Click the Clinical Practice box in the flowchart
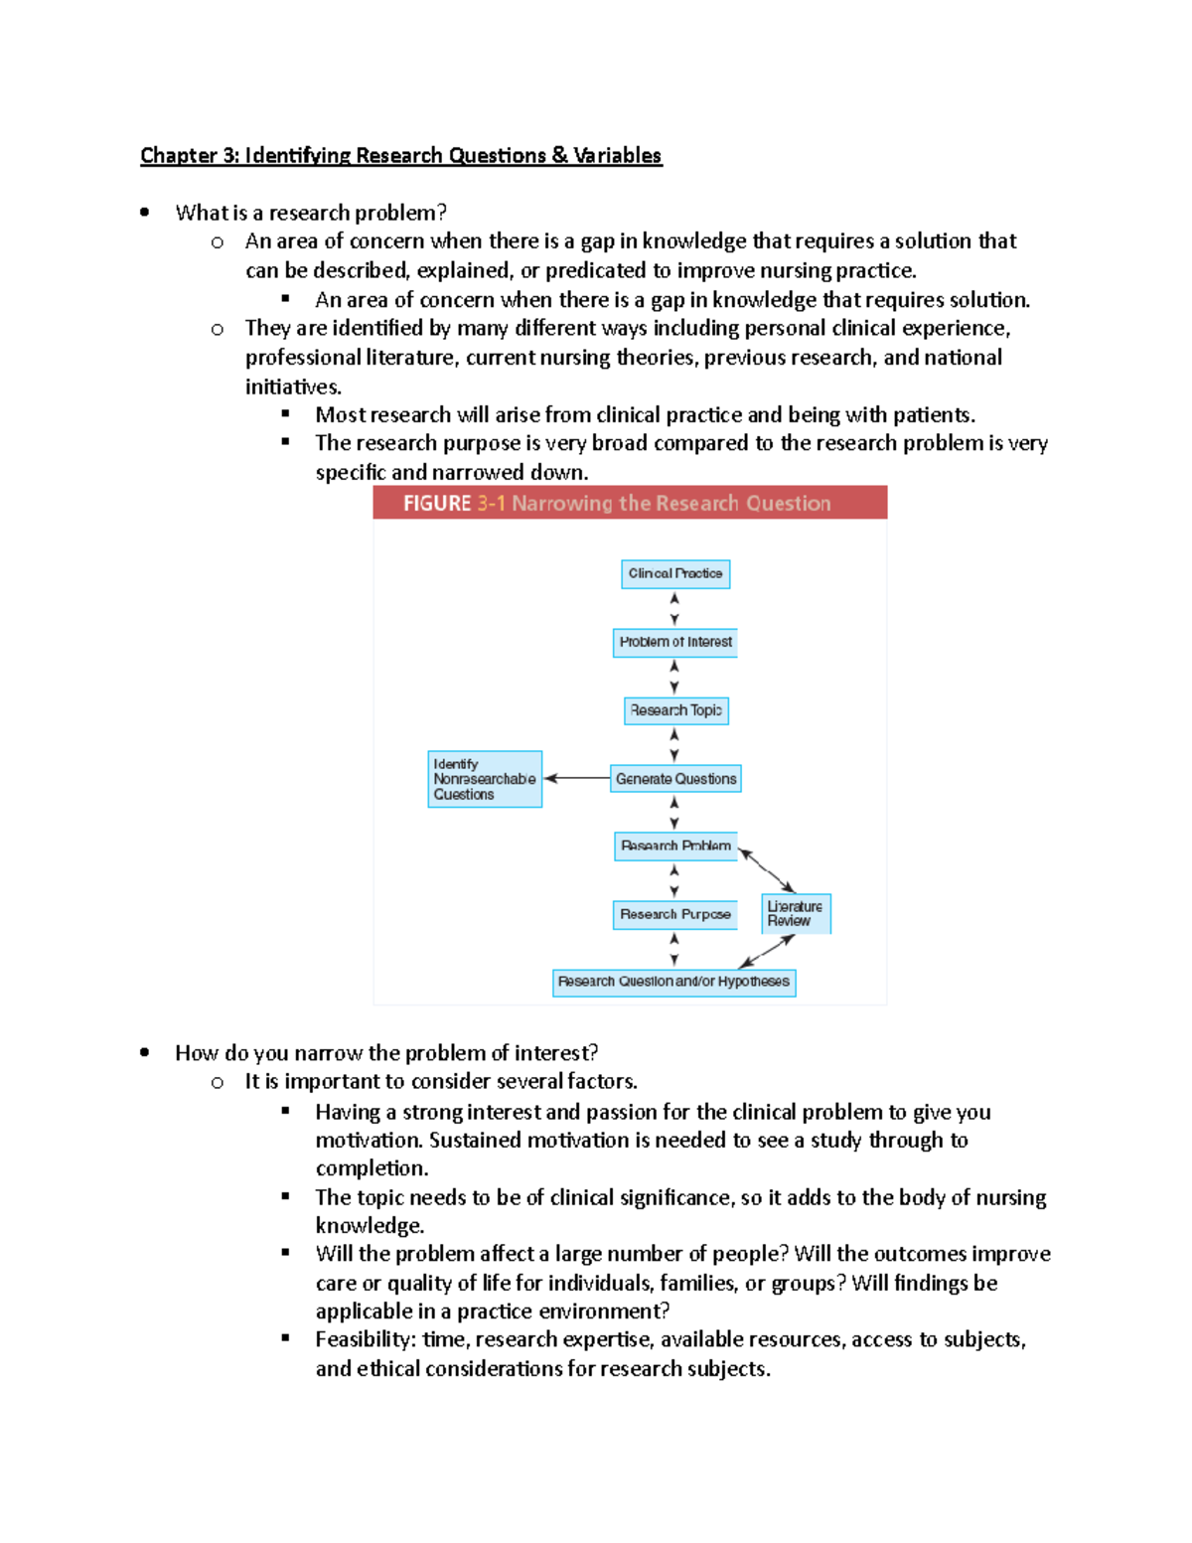[x=675, y=574]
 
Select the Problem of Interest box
[x=675, y=643]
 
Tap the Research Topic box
[x=675, y=710]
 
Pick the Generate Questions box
[x=675, y=779]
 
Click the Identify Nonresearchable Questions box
[x=485, y=779]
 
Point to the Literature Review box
[x=796, y=914]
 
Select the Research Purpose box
[x=675, y=914]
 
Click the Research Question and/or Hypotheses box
[x=673, y=982]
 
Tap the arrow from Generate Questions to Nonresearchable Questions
[x=577, y=779]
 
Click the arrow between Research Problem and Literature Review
[x=767, y=870]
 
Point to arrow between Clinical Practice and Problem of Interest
[x=674, y=608]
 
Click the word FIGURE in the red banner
[x=437, y=504]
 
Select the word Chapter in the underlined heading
[x=179, y=156]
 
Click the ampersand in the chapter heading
[x=559, y=156]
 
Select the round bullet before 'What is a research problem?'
[x=145, y=212]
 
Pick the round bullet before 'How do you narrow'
[x=145, y=1052]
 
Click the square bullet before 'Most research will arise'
[x=286, y=413]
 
